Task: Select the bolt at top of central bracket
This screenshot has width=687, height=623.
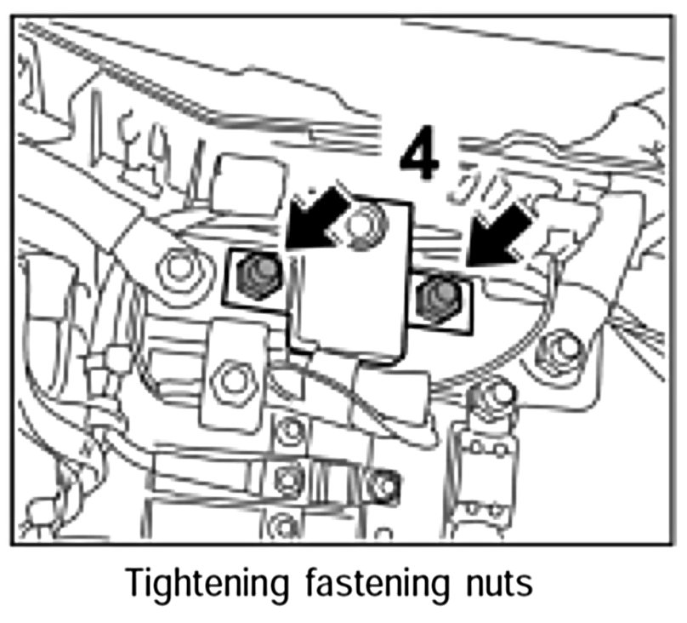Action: (366, 221)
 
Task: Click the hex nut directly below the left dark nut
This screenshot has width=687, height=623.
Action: (230, 374)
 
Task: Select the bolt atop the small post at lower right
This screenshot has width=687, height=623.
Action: (491, 393)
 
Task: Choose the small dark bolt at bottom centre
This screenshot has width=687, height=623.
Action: (384, 483)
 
